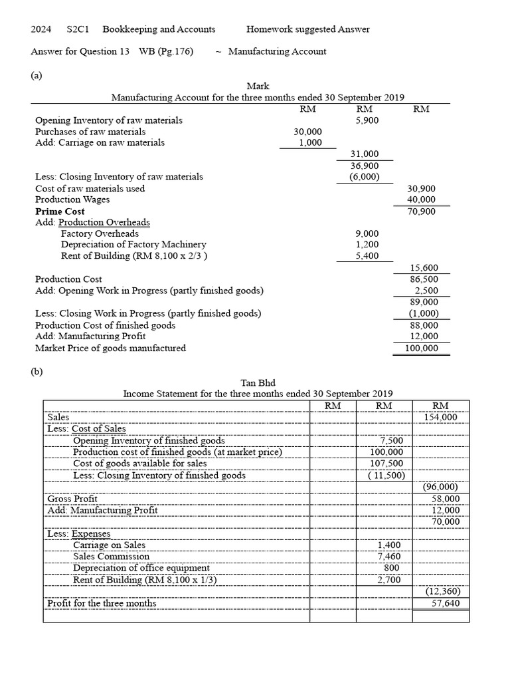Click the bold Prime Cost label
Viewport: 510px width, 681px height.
[x=60, y=211]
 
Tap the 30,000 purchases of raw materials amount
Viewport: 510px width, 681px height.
[x=307, y=132]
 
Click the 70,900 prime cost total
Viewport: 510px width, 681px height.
[x=422, y=211]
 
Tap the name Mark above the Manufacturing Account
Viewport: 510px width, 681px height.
[x=258, y=86]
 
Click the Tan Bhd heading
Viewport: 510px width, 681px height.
[x=258, y=382]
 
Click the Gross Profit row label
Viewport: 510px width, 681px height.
[x=72, y=498]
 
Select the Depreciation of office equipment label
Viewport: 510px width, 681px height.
[x=141, y=567]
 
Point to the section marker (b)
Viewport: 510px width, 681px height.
[x=37, y=372]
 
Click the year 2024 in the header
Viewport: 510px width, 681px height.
[x=41, y=29]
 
